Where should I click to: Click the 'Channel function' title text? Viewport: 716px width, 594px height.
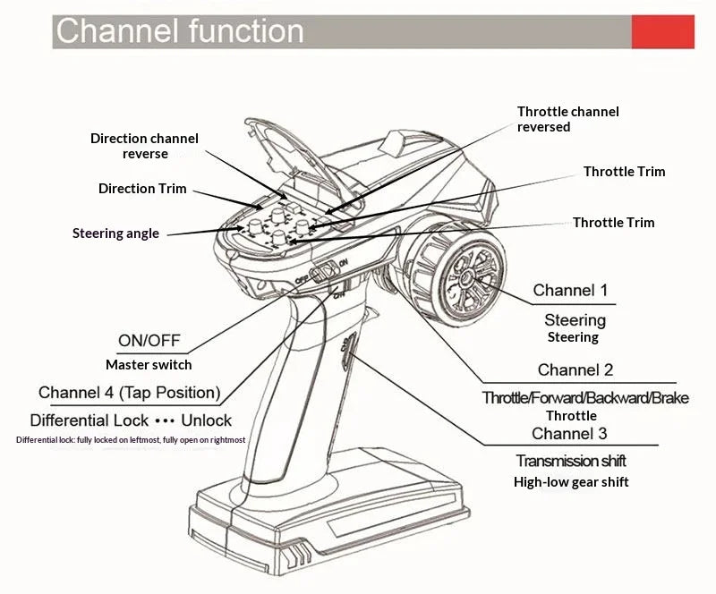tap(180, 31)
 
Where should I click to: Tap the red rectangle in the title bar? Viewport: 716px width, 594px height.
tap(663, 31)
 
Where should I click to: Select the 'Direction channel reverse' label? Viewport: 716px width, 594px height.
tap(144, 146)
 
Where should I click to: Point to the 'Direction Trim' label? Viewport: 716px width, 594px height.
tap(142, 188)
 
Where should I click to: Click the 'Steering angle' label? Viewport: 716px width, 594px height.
tap(115, 233)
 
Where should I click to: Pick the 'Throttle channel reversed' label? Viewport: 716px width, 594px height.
tap(567, 119)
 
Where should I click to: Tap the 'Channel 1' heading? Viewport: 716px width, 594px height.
tap(570, 290)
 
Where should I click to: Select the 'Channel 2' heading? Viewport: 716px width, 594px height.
tap(575, 369)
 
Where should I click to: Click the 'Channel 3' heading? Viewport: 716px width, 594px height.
tap(569, 433)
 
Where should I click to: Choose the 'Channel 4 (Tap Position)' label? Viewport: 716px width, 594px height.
tap(130, 393)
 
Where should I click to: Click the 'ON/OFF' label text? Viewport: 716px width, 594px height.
tap(149, 340)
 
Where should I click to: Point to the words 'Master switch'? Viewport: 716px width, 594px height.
tap(149, 364)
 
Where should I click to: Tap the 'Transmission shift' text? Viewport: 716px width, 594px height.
tap(571, 461)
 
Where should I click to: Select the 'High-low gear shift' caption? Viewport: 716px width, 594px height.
tap(571, 481)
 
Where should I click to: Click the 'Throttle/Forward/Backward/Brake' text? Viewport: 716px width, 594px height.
tap(585, 398)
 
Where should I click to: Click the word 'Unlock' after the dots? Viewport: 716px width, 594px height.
tap(207, 420)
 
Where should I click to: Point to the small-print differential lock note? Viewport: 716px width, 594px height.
tap(131, 439)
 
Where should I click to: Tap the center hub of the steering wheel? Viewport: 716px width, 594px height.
tap(467, 276)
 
